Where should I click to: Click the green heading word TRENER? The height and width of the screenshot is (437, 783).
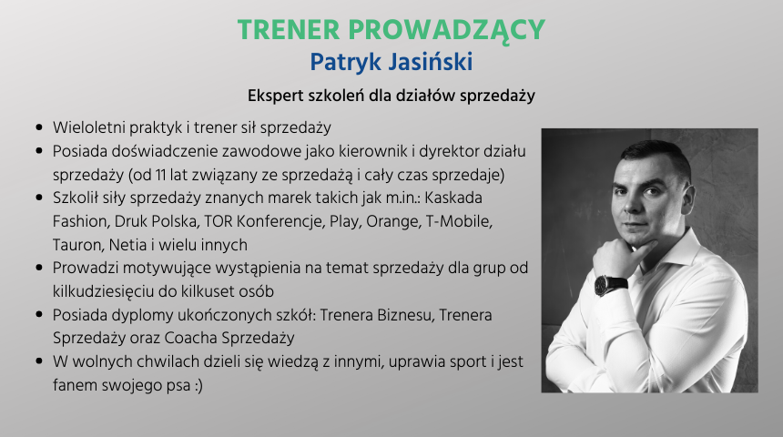pyautogui.click(x=288, y=30)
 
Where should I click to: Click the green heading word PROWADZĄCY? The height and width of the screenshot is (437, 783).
pyautogui.click(x=446, y=31)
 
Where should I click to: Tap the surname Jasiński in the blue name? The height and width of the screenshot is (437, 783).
pyautogui.click(x=431, y=62)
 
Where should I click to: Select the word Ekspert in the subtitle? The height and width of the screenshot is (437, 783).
pyautogui.click(x=276, y=96)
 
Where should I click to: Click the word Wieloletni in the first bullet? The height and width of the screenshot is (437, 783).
pyautogui.click(x=89, y=127)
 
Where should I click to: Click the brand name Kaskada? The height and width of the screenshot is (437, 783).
pyautogui.click(x=453, y=198)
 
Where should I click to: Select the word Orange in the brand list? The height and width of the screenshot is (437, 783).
pyautogui.click(x=393, y=222)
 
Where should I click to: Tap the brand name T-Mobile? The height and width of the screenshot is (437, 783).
pyautogui.click(x=458, y=221)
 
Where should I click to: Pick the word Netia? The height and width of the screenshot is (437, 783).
pyautogui.click(x=127, y=245)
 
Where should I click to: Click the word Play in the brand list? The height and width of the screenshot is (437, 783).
pyautogui.click(x=345, y=222)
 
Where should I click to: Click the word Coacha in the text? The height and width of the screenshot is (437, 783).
pyautogui.click(x=190, y=338)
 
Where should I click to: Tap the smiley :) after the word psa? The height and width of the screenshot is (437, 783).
pyautogui.click(x=198, y=385)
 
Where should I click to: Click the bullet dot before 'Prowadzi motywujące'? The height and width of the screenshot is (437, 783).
pyautogui.click(x=39, y=269)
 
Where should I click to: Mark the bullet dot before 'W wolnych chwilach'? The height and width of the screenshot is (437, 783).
pyautogui.click(x=39, y=361)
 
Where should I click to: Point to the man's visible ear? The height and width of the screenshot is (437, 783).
pyautogui.click(x=688, y=196)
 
